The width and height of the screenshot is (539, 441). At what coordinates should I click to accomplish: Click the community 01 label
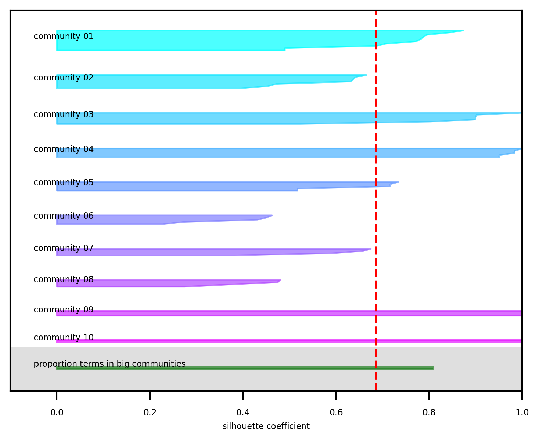coord(64,36)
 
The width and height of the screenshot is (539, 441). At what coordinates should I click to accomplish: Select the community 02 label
coord(64,78)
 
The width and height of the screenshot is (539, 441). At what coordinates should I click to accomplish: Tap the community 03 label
coord(64,114)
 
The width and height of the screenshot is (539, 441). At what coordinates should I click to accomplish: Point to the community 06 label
coord(64,216)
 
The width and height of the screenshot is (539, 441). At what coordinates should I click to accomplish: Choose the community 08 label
coord(64,279)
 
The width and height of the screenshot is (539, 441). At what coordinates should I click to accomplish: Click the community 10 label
coord(64,338)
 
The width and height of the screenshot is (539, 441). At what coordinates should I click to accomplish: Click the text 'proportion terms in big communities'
coord(109,364)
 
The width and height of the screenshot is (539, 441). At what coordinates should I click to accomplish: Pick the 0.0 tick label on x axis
coord(57,412)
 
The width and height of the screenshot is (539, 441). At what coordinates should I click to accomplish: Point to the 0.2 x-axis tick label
coord(150,412)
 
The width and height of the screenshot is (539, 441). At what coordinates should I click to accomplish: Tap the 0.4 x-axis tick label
coord(243,412)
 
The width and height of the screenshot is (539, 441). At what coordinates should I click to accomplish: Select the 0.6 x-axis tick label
coord(336,412)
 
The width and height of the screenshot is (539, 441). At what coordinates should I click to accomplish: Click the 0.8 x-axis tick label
coord(429,412)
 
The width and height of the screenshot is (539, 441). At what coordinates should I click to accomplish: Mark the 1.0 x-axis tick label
coord(522,412)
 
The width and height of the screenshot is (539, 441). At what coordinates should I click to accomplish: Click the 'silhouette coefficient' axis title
coord(266,426)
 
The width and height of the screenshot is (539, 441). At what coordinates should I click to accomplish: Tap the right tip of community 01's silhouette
coord(463,31)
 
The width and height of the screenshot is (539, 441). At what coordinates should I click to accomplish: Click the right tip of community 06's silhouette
coord(272,216)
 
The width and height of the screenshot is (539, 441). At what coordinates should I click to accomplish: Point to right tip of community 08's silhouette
coord(281,280)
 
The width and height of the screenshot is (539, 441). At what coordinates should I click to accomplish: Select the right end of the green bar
coord(433,368)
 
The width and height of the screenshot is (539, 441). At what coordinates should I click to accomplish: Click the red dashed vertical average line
coord(376,206)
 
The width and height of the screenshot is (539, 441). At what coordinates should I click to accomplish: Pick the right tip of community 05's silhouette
coord(398,182)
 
